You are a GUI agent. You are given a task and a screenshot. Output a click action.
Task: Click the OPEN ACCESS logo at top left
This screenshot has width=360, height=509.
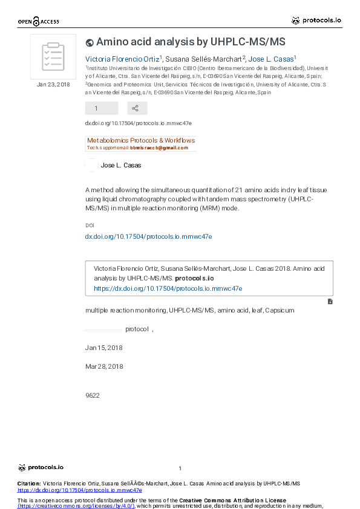38,22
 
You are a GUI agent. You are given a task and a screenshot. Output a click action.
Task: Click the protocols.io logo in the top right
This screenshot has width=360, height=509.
316,21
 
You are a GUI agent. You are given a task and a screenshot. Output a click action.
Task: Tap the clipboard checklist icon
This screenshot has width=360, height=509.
53,57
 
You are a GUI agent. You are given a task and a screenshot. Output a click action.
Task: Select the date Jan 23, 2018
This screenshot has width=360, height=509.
53,85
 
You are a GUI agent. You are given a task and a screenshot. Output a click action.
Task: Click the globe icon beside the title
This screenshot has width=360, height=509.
90,42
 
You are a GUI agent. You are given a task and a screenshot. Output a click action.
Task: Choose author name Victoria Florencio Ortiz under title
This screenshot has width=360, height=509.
123,59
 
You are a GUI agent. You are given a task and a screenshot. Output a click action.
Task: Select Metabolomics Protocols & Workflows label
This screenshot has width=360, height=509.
141,140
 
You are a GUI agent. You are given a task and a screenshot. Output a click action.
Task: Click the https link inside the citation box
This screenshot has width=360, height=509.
168,288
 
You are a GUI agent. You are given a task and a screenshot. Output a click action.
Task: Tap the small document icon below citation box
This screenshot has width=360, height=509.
330,301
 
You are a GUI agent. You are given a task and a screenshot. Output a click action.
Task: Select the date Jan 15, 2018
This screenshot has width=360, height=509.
104,348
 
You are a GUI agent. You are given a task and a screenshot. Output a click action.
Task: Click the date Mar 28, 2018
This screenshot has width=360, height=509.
104,366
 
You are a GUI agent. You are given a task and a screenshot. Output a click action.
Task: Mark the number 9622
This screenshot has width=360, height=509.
93,395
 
